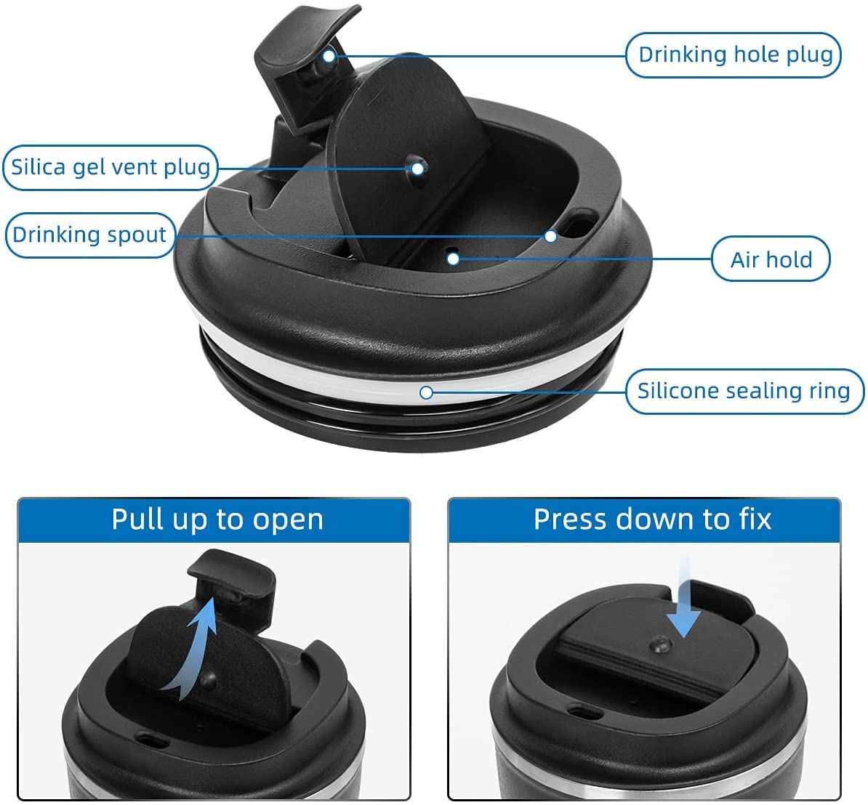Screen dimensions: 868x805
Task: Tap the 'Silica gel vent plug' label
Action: (x=110, y=167)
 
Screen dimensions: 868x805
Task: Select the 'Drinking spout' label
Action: (x=89, y=235)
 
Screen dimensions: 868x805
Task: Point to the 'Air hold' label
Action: (x=771, y=259)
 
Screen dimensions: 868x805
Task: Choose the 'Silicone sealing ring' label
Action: (x=744, y=391)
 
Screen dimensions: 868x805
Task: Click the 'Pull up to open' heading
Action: (x=217, y=519)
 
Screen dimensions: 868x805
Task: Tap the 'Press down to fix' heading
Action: (x=652, y=519)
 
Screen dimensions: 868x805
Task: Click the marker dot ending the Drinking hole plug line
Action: (x=329, y=56)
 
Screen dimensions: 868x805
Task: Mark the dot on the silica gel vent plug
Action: (x=418, y=168)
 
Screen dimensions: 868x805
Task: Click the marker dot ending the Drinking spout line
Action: (x=550, y=236)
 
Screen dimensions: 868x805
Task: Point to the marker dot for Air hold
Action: (x=454, y=259)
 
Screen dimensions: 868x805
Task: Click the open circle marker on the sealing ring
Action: (x=426, y=392)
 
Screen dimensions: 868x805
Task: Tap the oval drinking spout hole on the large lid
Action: (x=579, y=224)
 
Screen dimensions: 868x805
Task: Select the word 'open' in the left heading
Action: (x=288, y=521)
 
